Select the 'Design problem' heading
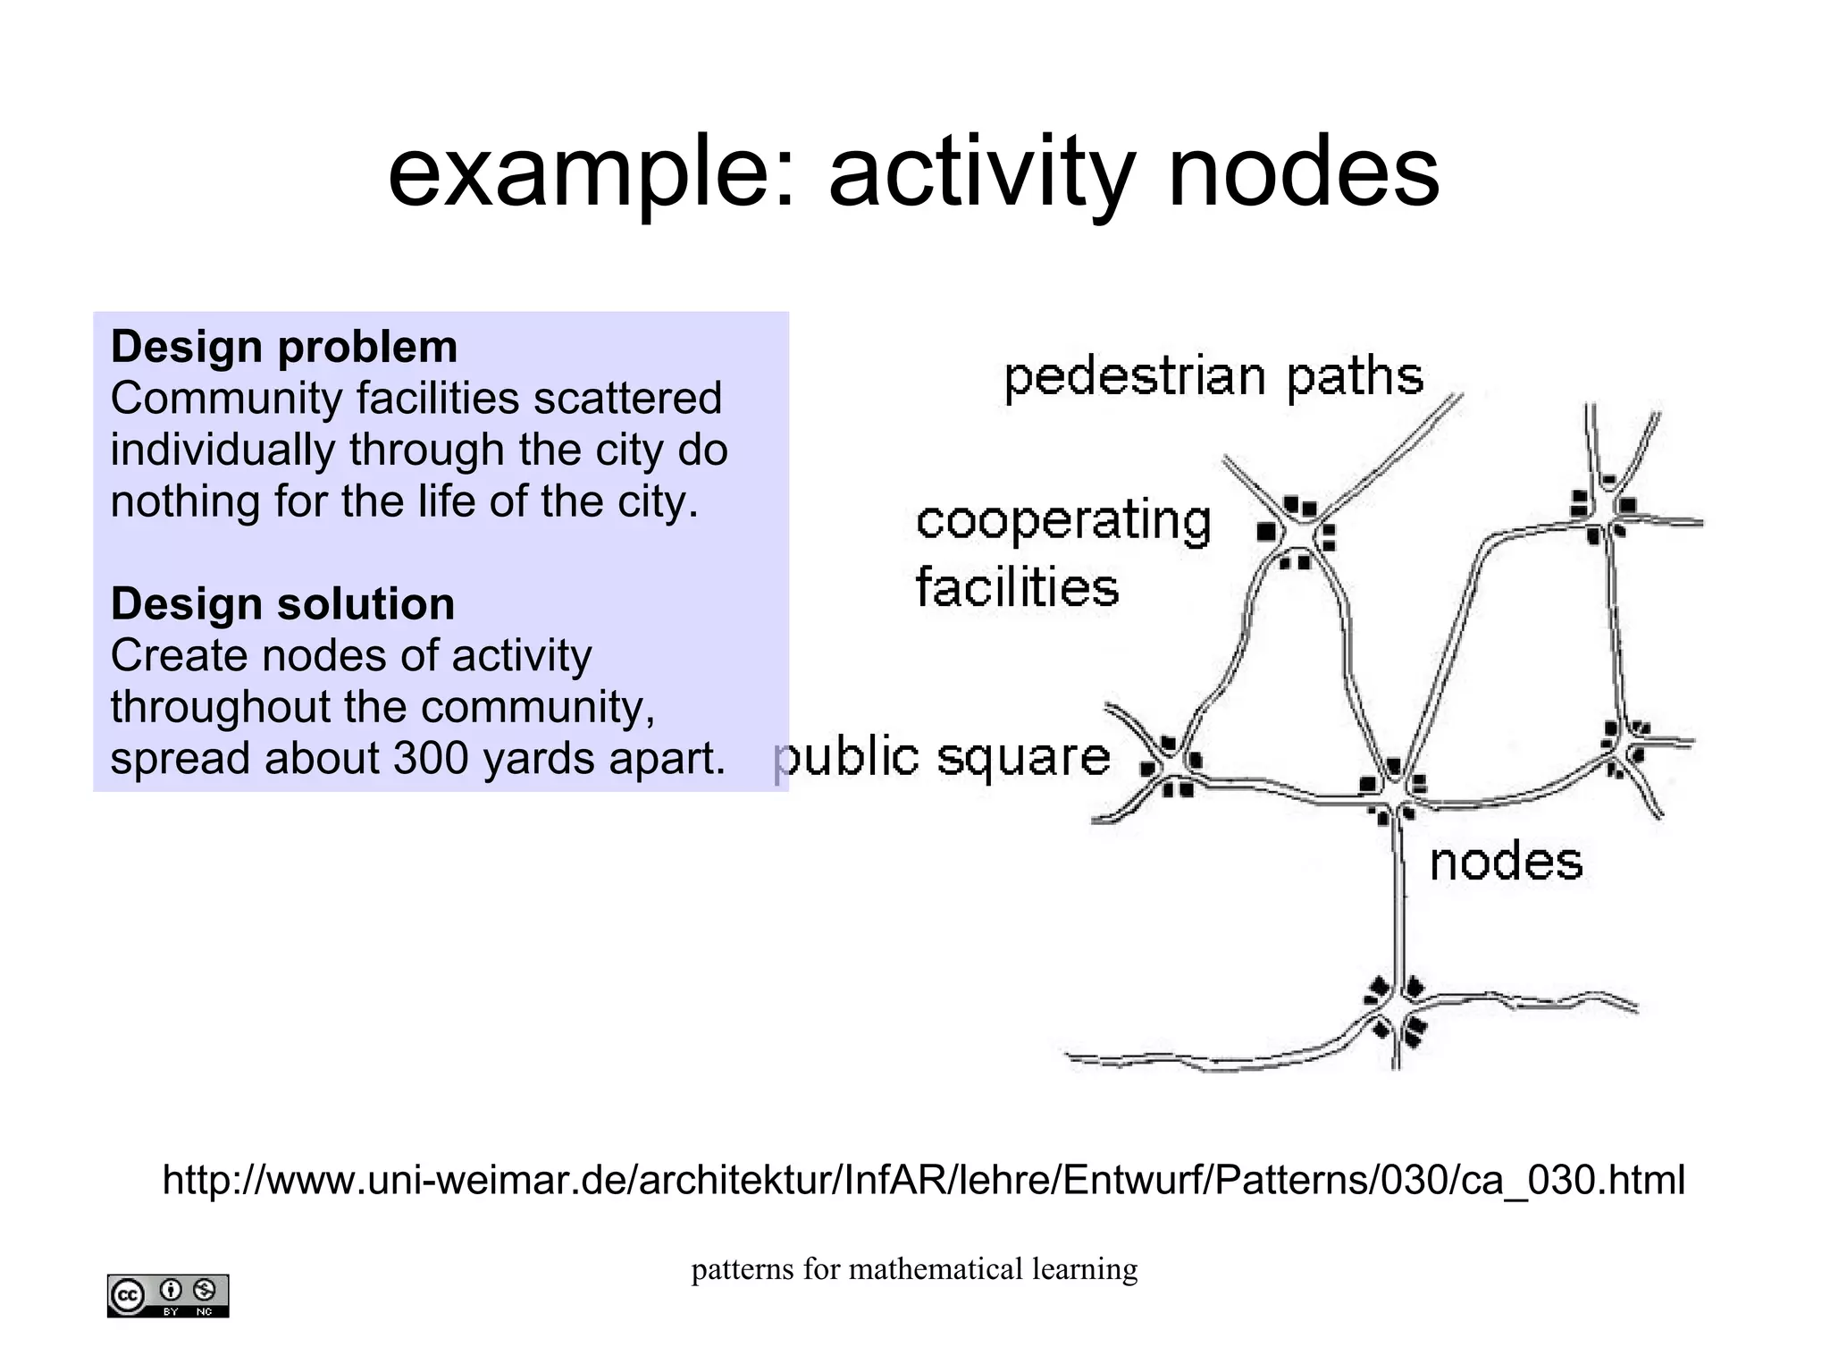pyautogui.click(x=283, y=347)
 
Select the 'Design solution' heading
pyautogui.click(x=282, y=604)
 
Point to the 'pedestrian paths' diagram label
pyautogui.click(x=1213, y=376)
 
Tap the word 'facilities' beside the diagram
pyautogui.click(x=1017, y=588)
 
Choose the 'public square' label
pyautogui.click(x=943, y=758)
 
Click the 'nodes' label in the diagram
pyautogui.click(x=1506, y=863)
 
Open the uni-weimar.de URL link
pyautogui.click(x=923, y=1180)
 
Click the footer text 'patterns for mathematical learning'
pyautogui.click(x=914, y=1269)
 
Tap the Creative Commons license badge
pyautogui.click(x=168, y=1295)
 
